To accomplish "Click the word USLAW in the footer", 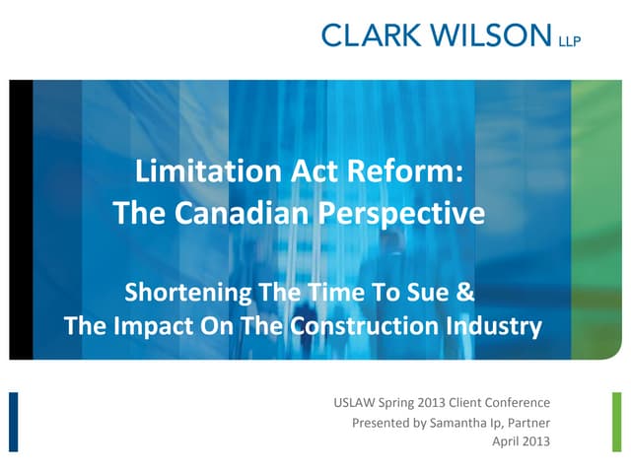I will (359, 403).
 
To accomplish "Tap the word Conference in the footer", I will (517, 403).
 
